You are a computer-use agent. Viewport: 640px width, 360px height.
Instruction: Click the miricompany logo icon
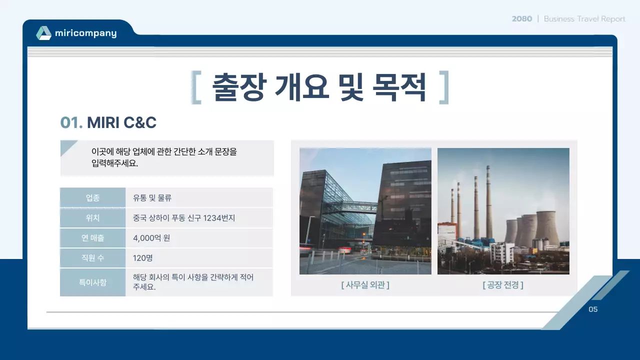pyautogui.click(x=43, y=33)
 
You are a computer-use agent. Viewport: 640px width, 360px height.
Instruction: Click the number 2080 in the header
pyautogui.click(x=521, y=19)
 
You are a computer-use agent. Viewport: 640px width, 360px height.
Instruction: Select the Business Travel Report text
pyautogui.click(x=584, y=19)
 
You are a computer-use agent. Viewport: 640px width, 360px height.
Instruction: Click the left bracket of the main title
pyautogui.click(x=196, y=87)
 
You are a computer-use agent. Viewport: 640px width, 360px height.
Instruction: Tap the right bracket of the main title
pyautogui.click(x=443, y=87)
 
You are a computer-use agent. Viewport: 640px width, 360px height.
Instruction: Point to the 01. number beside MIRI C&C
pyautogui.click(x=71, y=122)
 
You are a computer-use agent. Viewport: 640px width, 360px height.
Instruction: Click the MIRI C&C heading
pyautogui.click(x=121, y=122)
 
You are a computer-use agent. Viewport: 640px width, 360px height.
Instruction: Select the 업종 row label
pyautogui.click(x=92, y=197)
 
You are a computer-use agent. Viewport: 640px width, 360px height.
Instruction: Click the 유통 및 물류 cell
pyautogui.click(x=152, y=197)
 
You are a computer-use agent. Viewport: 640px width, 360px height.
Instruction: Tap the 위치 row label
pyautogui.click(x=92, y=218)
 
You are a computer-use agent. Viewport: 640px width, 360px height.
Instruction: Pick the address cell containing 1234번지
pyautogui.click(x=183, y=218)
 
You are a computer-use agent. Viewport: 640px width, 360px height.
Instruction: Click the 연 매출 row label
pyautogui.click(x=92, y=238)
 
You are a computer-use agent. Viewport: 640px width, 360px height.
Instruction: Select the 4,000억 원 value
pyautogui.click(x=151, y=238)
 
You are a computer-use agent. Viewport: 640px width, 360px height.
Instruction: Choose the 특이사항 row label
pyautogui.click(x=92, y=282)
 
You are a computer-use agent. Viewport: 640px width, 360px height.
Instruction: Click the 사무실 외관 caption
pyautogui.click(x=365, y=285)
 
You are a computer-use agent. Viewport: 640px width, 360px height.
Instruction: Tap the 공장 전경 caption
pyautogui.click(x=503, y=285)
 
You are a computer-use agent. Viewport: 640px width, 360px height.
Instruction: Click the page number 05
pyautogui.click(x=593, y=309)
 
